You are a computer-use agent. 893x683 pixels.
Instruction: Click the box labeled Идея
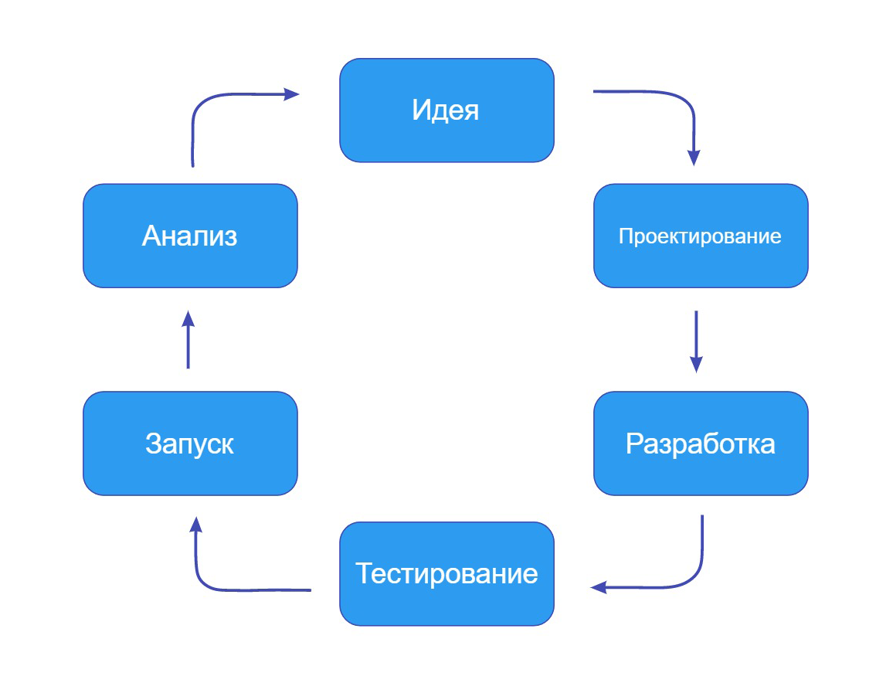tap(446, 110)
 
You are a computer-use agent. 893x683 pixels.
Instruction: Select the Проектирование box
tap(701, 236)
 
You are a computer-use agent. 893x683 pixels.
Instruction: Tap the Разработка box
tap(701, 443)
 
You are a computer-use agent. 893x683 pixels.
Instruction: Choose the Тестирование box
tap(446, 573)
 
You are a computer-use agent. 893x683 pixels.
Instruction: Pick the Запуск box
tap(190, 443)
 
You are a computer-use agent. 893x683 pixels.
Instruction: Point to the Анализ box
tap(190, 236)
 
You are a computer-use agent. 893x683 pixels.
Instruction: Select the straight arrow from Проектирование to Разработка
tap(696, 341)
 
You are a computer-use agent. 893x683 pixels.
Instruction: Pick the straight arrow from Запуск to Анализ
tap(188, 339)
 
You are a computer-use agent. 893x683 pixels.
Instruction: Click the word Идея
tap(446, 110)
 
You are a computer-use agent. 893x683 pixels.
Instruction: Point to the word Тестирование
tap(446, 573)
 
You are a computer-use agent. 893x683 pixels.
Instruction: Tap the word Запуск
tap(190, 444)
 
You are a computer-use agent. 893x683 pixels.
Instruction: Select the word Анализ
tap(190, 236)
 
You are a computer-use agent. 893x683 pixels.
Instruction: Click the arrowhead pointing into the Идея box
tap(291, 94)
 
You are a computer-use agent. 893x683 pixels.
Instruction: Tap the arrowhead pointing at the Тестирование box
tap(598, 587)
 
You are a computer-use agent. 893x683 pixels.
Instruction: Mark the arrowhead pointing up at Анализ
tap(188, 319)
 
